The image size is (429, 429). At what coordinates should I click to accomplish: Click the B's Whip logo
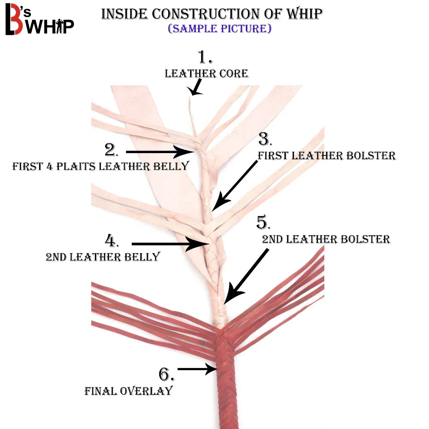[39, 21]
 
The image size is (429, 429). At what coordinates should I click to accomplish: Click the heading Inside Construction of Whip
[211, 14]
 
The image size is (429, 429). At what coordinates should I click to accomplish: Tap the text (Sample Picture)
[219, 29]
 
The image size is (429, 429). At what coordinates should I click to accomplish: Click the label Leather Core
[206, 73]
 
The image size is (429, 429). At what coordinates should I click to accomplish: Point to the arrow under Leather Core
[196, 88]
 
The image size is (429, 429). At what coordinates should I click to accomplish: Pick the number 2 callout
[112, 150]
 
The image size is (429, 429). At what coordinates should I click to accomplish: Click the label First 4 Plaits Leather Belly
[100, 166]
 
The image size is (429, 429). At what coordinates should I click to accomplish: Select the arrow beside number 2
[159, 151]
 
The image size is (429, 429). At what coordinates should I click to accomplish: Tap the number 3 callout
[265, 139]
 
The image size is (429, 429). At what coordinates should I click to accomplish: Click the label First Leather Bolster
[326, 155]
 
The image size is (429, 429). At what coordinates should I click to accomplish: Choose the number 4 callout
[112, 241]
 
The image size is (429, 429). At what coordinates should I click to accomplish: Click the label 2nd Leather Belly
[103, 257]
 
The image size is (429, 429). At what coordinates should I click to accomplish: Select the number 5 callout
[263, 223]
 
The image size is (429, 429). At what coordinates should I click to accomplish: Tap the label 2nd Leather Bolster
[326, 239]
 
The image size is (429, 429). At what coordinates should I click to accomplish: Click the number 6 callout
[166, 375]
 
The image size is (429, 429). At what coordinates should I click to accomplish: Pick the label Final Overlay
[128, 391]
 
